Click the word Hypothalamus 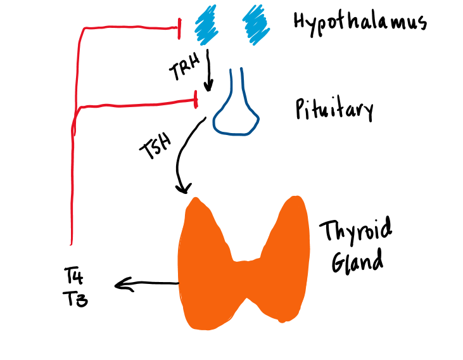[x=360, y=23]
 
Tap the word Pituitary [x=334, y=110]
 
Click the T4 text [x=75, y=276]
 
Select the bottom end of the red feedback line [x=71, y=243]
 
